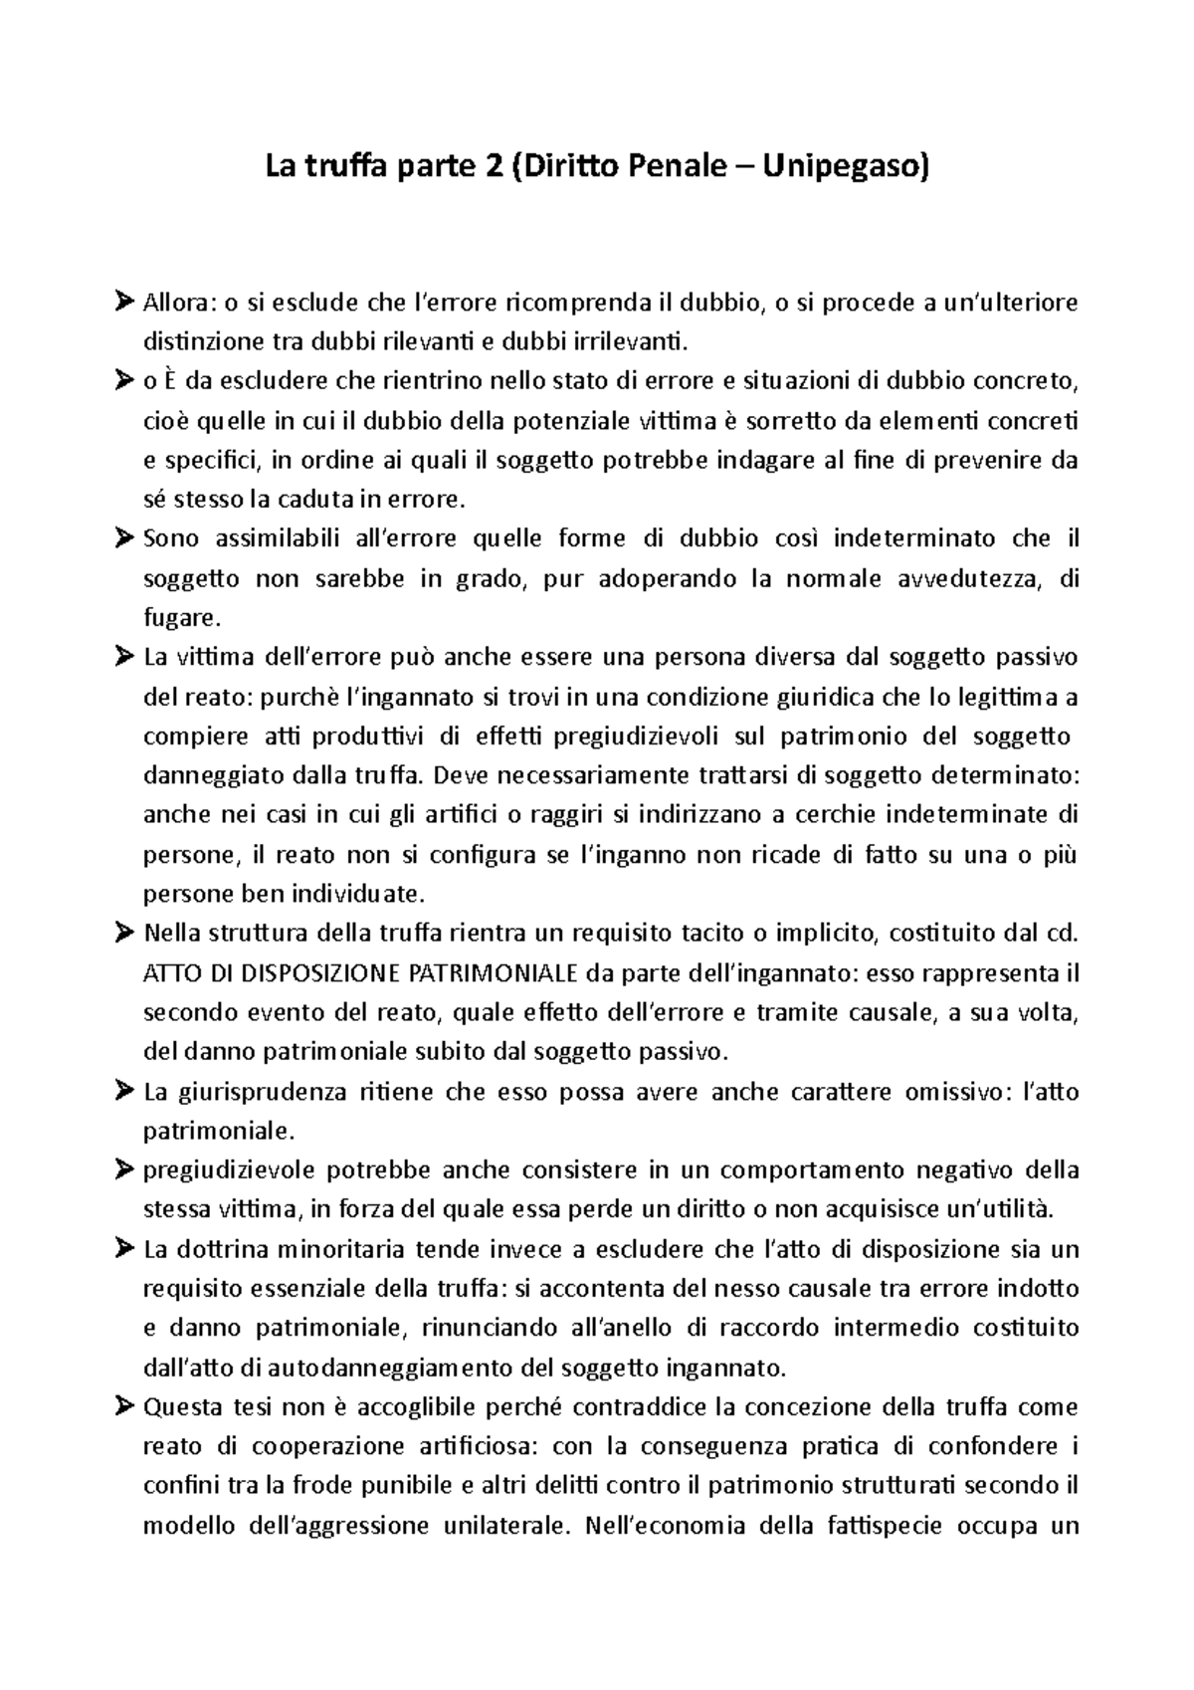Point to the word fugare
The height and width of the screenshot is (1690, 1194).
(x=179, y=619)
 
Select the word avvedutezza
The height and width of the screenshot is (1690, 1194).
(x=965, y=579)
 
